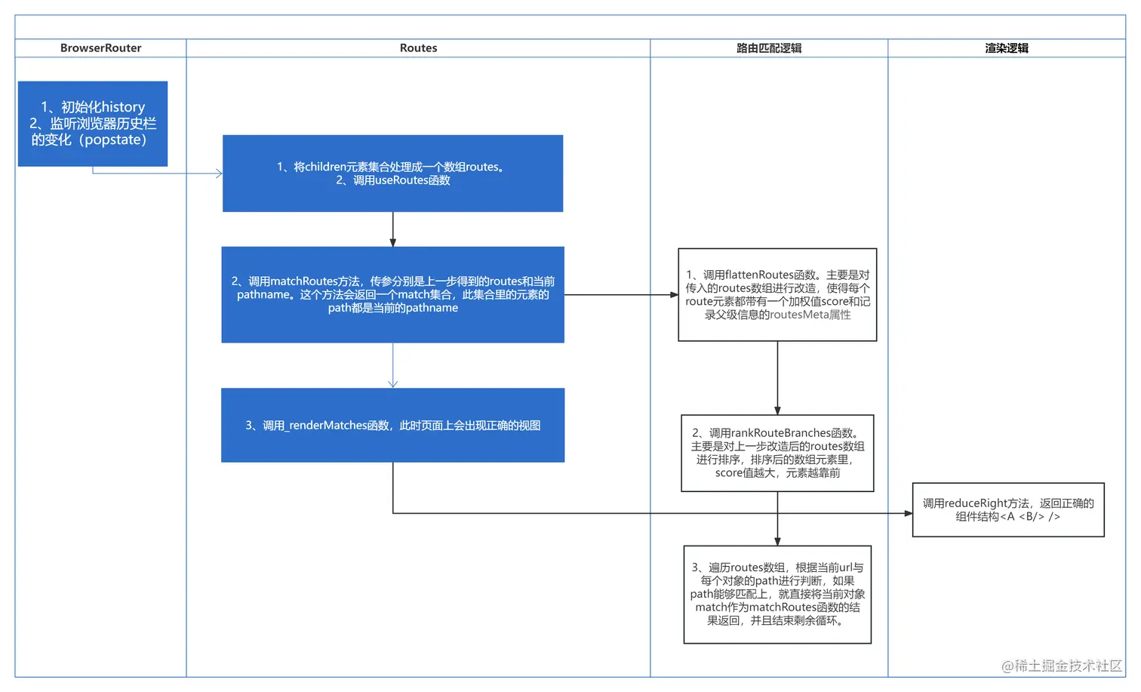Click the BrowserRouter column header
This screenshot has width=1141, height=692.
[x=100, y=48]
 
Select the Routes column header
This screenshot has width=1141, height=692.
[x=418, y=48]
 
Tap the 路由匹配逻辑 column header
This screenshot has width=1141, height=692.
[x=768, y=48]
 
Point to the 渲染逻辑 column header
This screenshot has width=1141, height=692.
[x=1006, y=48]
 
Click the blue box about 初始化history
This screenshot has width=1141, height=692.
[x=93, y=123]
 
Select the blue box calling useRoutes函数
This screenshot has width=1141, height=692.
[x=392, y=174]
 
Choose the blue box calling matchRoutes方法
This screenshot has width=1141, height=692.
[x=392, y=294]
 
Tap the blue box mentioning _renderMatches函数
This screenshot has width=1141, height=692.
[x=392, y=425]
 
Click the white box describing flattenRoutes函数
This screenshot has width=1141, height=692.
[x=777, y=294]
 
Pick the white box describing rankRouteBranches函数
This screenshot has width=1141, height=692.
[x=777, y=453]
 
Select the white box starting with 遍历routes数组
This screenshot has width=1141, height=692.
[x=777, y=594]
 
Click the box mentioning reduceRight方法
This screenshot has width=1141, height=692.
[x=1008, y=509]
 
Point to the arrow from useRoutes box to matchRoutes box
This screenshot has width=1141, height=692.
[x=392, y=229]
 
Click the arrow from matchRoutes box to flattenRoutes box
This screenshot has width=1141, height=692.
[x=620, y=295]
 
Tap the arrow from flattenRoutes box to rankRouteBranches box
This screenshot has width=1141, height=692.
[x=777, y=377]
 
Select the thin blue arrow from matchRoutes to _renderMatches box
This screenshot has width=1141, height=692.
[x=392, y=365]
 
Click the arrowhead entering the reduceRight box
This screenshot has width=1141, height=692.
[x=908, y=513]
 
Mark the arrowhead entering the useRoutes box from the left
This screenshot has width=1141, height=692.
[x=219, y=174]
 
